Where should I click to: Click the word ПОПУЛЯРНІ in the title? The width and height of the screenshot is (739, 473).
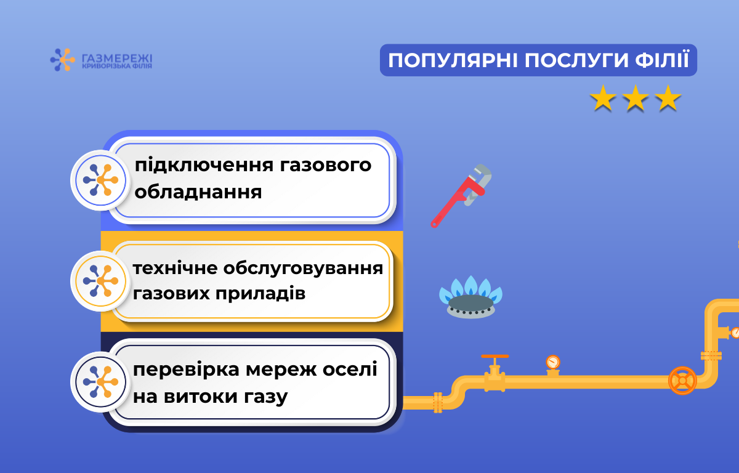(x=453, y=60)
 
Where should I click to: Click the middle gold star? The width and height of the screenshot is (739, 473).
(x=636, y=98)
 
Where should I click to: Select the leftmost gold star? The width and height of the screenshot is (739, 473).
(x=603, y=98)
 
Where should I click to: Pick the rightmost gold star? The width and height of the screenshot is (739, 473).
(x=668, y=98)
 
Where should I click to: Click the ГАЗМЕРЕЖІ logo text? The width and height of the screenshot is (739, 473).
(x=117, y=59)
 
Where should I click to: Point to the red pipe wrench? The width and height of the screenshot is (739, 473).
(x=461, y=196)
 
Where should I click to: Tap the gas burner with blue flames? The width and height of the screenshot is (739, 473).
(x=470, y=297)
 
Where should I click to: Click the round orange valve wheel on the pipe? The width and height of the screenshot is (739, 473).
(x=682, y=381)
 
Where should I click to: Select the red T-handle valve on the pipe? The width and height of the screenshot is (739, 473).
(x=495, y=373)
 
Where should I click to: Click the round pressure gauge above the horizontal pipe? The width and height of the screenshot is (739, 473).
(x=553, y=362)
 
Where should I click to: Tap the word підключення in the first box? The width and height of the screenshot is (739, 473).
(x=204, y=166)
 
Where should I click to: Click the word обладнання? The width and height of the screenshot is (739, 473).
(x=198, y=192)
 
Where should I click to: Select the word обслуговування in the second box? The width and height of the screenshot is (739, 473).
(x=303, y=268)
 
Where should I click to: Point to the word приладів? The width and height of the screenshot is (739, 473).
(x=260, y=293)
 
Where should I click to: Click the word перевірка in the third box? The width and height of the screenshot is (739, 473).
(x=186, y=370)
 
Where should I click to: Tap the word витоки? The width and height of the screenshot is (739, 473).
(x=201, y=396)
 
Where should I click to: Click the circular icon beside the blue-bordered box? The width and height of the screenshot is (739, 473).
(x=100, y=180)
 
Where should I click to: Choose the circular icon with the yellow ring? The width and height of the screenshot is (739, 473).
(x=100, y=281)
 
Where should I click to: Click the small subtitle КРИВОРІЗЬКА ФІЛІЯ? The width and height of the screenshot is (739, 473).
(x=117, y=67)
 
